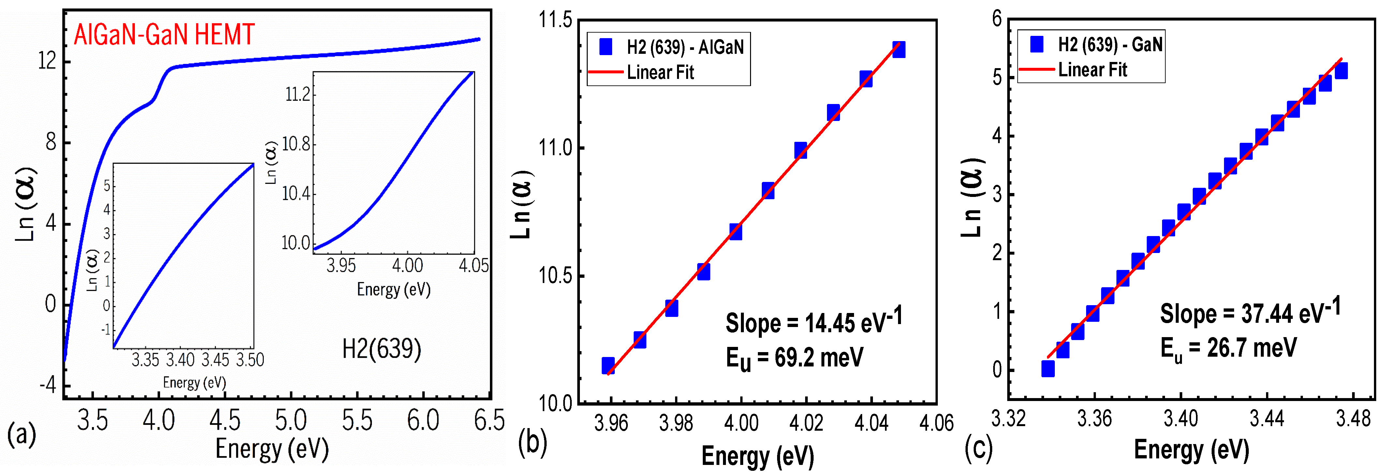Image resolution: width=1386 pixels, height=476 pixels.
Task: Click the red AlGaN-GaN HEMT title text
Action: pyautogui.click(x=164, y=35)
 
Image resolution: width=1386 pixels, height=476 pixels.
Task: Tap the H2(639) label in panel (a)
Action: pyautogui.click(x=381, y=349)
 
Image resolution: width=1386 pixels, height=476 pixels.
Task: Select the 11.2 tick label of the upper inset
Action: pyautogui.click(x=298, y=95)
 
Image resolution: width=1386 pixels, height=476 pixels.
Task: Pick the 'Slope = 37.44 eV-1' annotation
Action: pyautogui.click(x=1249, y=312)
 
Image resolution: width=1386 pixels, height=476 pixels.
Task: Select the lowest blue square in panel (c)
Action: pyautogui.click(x=1048, y=368)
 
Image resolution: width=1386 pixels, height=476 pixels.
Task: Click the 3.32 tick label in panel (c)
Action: pyautogui.click(x=1008, y=418)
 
